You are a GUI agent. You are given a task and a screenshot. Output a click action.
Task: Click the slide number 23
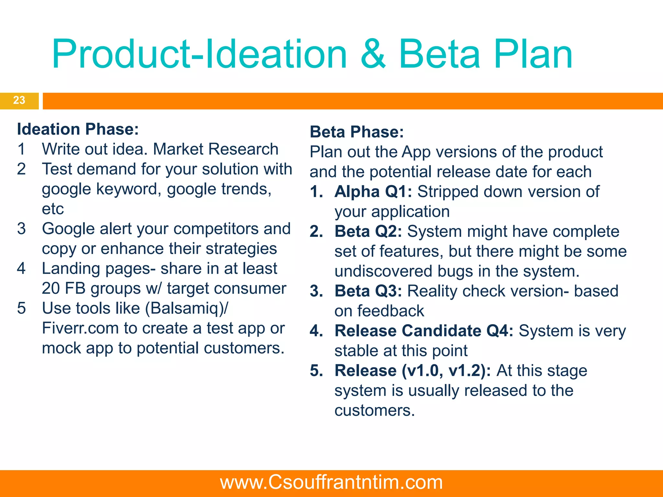19,100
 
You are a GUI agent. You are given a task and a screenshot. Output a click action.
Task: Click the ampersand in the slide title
373,54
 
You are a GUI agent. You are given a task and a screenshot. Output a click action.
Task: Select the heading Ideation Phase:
78,129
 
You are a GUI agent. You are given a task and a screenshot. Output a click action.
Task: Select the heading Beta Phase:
357,132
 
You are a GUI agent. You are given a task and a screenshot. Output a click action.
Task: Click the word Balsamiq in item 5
184,308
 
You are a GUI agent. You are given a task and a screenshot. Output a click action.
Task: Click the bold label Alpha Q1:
373,192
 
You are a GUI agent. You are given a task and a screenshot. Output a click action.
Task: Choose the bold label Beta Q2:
368,231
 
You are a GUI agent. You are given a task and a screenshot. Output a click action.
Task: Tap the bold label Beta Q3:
368,291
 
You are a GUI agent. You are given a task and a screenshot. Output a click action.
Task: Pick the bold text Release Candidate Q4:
424,331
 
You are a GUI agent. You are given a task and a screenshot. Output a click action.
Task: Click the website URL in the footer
331,482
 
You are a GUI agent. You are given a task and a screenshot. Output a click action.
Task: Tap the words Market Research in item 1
216,149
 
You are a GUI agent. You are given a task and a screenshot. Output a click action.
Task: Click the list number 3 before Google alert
21,229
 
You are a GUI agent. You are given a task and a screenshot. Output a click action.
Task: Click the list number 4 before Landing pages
21,269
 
